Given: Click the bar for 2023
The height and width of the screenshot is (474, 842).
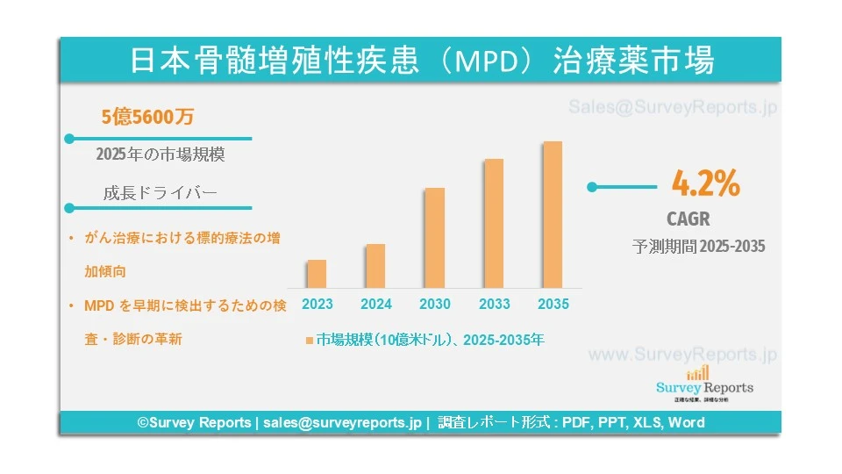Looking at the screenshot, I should tap(317, 274).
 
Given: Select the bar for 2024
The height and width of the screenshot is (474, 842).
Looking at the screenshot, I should tap(375, 266).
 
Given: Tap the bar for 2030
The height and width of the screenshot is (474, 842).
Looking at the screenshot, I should tap(434, 238).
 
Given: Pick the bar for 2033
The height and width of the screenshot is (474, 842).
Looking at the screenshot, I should tap(494, 223).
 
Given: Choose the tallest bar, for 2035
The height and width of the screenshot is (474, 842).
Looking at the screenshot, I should tap(552, 214).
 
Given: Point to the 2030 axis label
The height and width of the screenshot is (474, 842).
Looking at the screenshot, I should tap(435, 305).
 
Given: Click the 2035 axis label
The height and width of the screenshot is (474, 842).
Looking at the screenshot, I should tap(553, 305).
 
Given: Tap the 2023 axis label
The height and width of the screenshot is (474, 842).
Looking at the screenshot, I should tap(317, 305).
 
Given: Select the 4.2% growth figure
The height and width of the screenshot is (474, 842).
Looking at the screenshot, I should tap(705, 184).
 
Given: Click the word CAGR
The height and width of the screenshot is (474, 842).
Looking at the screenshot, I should tap(689, 219).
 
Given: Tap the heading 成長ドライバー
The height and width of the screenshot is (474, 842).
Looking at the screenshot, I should tap(160, 193).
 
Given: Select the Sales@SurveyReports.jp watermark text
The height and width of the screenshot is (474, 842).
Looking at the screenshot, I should tap(673, 108).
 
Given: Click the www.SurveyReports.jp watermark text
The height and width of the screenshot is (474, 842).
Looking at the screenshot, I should tap(682, 355).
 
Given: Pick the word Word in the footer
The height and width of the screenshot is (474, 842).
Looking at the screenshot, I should tap(686, 422).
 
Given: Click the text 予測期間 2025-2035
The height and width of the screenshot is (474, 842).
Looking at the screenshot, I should tap(698, 247).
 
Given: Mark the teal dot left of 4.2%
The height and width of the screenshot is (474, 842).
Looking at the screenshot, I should tap(592, 186).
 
